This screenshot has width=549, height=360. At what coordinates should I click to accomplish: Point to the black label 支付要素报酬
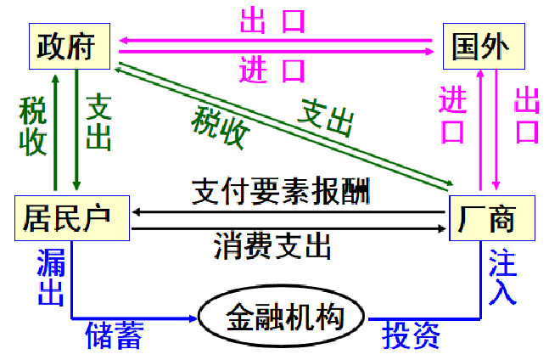(x=279, y=188)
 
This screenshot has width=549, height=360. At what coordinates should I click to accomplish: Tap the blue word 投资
(x=411, y=335)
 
